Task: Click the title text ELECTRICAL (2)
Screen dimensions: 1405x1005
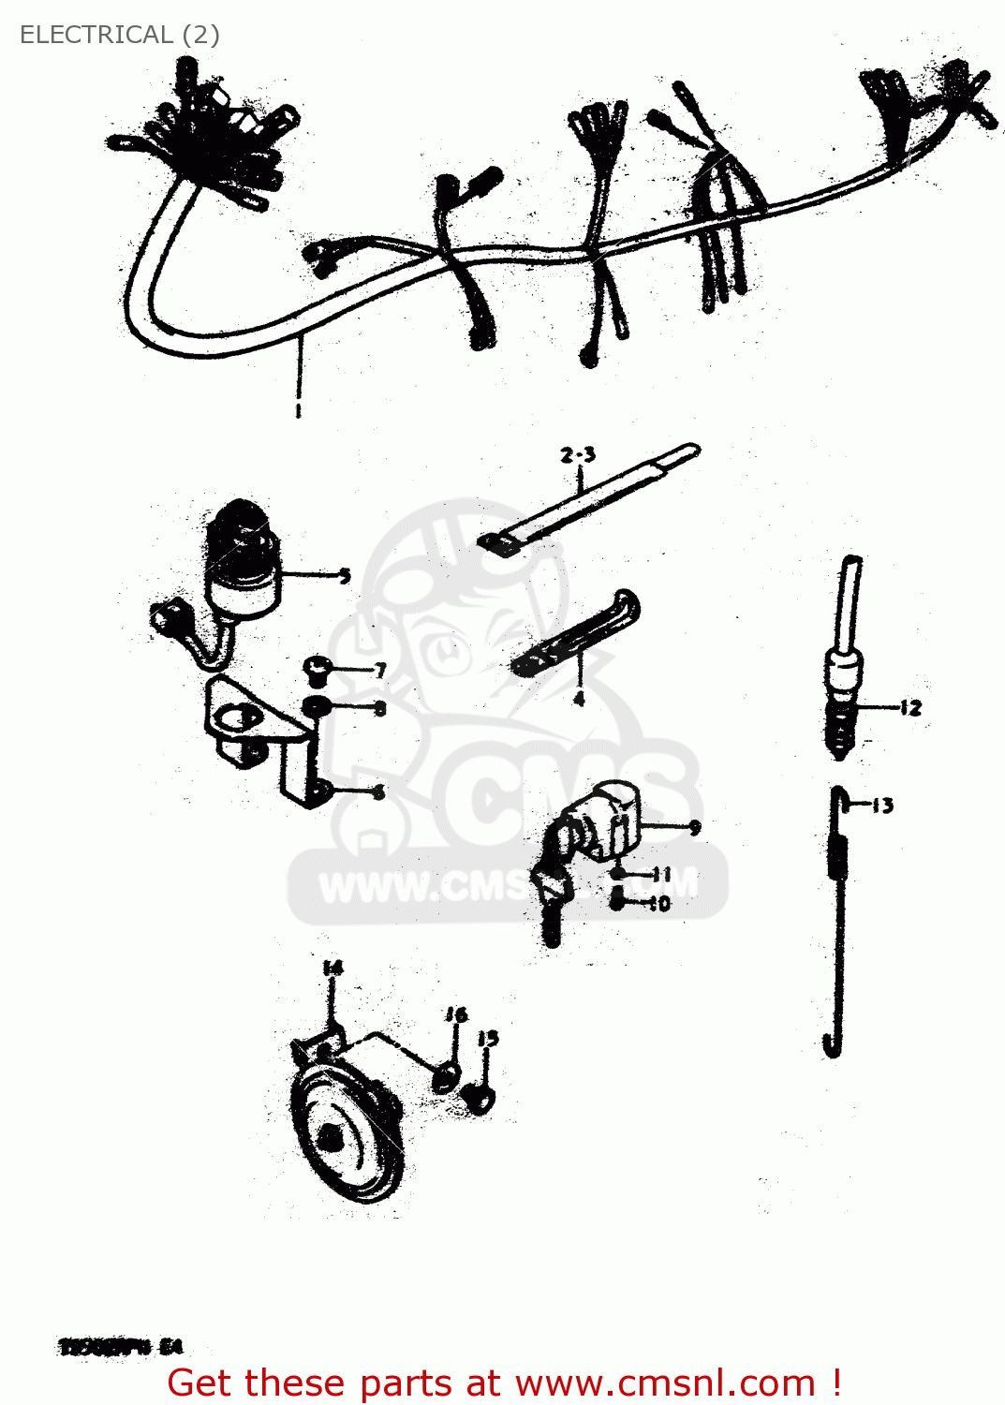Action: [119, 35]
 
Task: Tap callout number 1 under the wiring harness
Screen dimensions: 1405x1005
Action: [298, 410]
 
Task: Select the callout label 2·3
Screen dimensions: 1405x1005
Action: [578, 455]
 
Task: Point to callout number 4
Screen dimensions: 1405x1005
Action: [579, 699]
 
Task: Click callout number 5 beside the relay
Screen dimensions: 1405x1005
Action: [345, 575]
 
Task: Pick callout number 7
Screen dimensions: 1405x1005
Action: [380, 671]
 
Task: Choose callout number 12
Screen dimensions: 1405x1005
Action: [910, 708]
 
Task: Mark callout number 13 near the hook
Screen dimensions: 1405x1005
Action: [882, 805]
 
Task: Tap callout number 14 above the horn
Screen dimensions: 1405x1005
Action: [333, 968]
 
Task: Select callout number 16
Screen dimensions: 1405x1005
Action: [456, 1014]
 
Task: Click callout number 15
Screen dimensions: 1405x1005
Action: [488, 1038]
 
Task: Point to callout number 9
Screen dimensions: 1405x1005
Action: [694, 826]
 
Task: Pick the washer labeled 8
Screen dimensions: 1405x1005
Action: [316, 706]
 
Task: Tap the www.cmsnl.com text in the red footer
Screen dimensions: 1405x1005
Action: [665, 1383]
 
